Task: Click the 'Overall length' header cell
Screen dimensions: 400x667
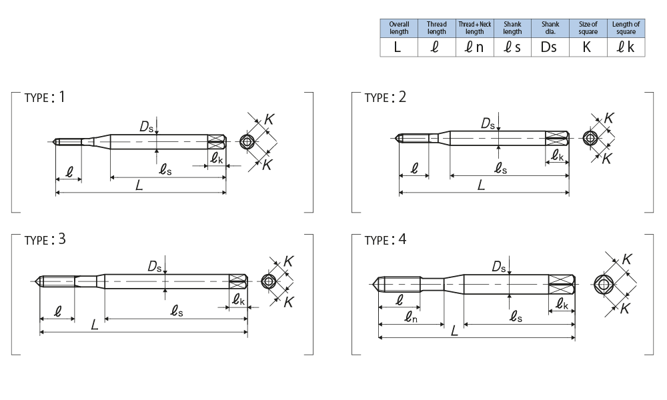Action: [x=399, y=28]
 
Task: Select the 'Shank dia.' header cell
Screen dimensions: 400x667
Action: [x=550, y=28]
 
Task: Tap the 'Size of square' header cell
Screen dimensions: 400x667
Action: [x=588, y=28]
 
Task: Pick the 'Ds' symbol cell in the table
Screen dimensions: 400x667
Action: [x=550, y=47]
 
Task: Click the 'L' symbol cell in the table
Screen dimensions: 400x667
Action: [x=399, y=47]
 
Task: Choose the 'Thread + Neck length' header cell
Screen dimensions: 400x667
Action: [x=474, y=28]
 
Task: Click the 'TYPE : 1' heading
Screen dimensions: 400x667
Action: [x=45, y=97]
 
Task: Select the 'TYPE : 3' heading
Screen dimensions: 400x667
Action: [x=45, y=240]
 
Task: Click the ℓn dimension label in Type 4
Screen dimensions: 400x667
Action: [x=412, y=319]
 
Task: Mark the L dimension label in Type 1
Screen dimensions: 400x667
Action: [x=139, y=186]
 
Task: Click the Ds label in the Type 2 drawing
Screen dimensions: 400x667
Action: [x=489, y=123]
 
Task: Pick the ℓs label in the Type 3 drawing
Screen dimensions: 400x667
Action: [x=177, y=311]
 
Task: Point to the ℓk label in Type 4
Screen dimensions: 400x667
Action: [x=563, y=305]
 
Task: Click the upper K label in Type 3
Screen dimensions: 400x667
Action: [x=289, y=261]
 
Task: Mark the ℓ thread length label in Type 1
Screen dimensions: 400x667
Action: [x=69, y=171]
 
